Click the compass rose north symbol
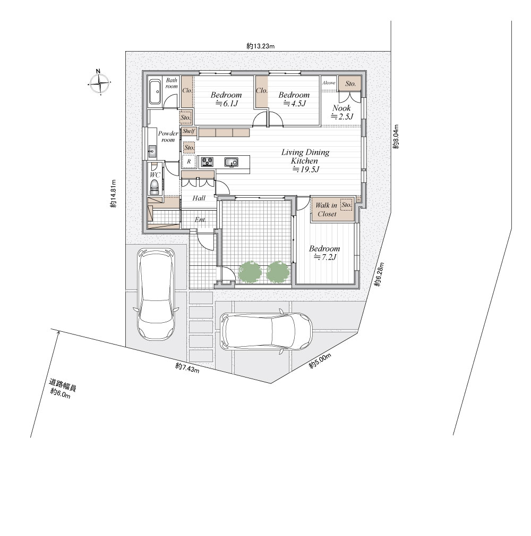pyautogui.click(x=99, y=82)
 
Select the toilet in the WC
pyautogui.click(x=155, y=187)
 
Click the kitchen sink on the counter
pyautogui.click(x=231, y=162)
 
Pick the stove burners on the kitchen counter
pyautogui.click(x=207, y=161)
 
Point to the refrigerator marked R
pyautogui.click(x=189, y=162)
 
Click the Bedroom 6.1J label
pyautogui.click(x=226, y=99)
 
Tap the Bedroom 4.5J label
pyautogui.click(x=294, y=99)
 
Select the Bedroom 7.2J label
pyautogui.click(x=324, y=253)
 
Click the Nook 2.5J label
pyautogui.click(x=342, y=112)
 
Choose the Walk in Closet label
pyautogui.click(x=327, y=210)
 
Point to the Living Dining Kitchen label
pyautogui.click(x=305, y=161)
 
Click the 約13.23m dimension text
pyautogui.click(x=260, y=46)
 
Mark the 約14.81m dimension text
pyautogui.click(x=114, y=194)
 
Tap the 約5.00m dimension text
pyautogui.click(x=320, y=361)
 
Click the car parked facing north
pyautogui.click(x=156, y=294)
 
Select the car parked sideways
pyautogui.click(x=266, y=331)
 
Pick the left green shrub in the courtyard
pyautogui.click(x=250, y=272)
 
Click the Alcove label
pyautogui.click(x=329, y=83)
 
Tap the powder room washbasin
pyautogui.click(x=152, y=150)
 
